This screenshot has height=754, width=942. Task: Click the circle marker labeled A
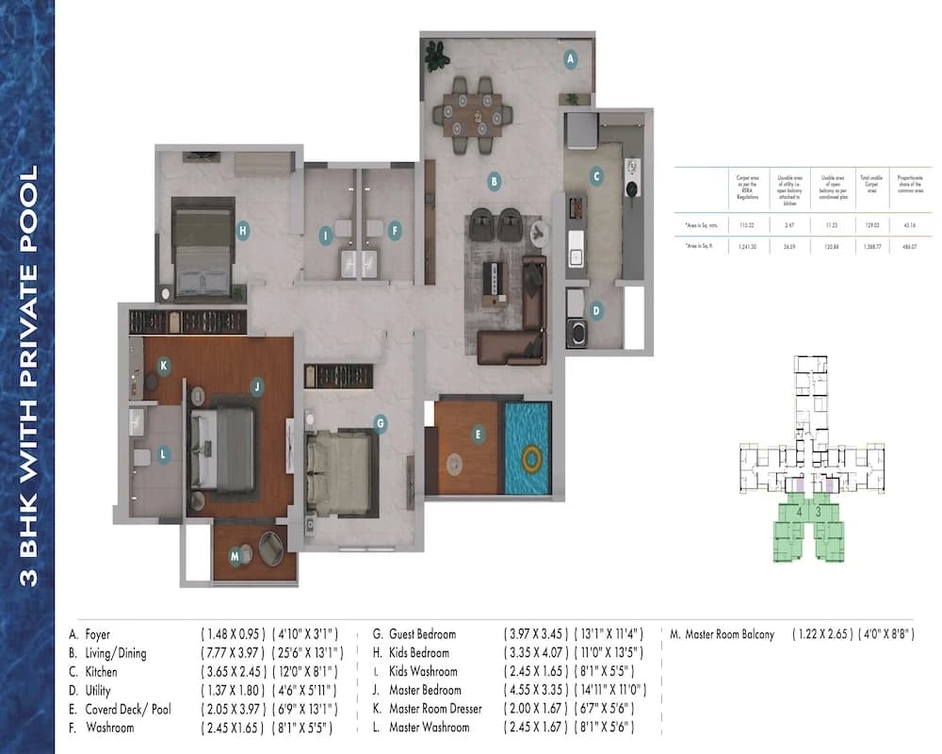click(569, 58)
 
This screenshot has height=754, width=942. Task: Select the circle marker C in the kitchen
click(595, 174)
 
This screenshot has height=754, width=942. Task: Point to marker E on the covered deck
click(479, 434)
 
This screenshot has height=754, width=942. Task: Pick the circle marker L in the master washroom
click(163, 454)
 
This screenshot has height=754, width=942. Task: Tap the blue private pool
click(528, 449)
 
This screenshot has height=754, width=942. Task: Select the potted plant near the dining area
click(435, 57)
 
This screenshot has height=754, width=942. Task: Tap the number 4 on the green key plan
click(800, 511)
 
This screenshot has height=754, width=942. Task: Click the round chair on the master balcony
click(270, 548)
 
